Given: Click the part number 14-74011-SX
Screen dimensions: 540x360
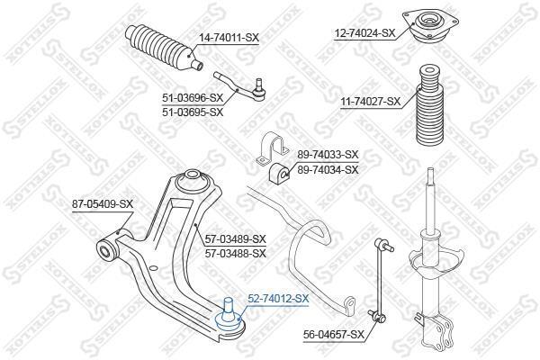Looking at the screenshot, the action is click(229, 37).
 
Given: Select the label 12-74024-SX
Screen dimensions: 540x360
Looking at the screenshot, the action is click(364, 33).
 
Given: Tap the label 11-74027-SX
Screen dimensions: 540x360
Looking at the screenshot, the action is click(371, 102).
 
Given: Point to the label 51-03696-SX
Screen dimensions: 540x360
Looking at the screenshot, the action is click(193, 98).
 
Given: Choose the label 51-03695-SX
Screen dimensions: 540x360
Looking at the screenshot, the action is click(193, 112).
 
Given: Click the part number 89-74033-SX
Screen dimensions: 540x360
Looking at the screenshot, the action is click(328, 154).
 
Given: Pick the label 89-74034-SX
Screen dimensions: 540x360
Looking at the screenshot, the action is click(328, 169).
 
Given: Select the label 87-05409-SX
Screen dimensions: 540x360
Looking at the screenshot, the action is click(103, 204).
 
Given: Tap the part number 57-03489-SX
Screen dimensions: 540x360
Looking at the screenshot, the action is click(236, 238).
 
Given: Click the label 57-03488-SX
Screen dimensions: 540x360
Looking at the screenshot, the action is click(236, 254).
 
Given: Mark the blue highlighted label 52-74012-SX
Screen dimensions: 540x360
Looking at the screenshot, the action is click(278, 299).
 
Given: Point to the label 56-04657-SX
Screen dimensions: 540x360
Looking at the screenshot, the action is click(334, 334).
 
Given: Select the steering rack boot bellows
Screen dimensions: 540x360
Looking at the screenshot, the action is click(164, 49).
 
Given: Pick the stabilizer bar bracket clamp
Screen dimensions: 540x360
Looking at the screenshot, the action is click(272, 148).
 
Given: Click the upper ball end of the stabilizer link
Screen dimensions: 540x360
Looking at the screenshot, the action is click(383, 245).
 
